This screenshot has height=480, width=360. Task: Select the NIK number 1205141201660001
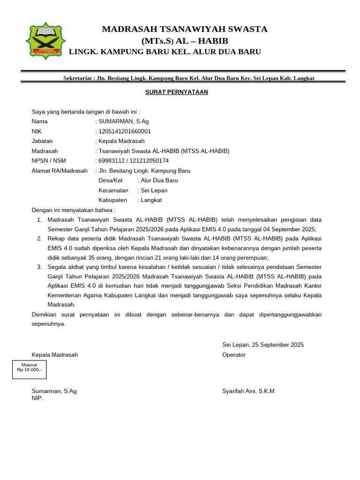pyautogui.click(x=124, y=131)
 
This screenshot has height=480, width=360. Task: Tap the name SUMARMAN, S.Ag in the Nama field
pyautogui.click(x=122, y=121)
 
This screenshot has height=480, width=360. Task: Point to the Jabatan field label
pyautogui.click(x=42, y=141)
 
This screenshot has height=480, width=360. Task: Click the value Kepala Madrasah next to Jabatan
pyautogui.click(x=121, y=141)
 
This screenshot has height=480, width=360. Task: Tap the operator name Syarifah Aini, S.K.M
pyautogui.click(x=248, y=391)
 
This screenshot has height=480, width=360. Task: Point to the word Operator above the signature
pyautogui.click(x=233, y=355)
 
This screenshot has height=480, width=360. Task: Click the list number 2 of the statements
pyautogui.click(x=39, y=239)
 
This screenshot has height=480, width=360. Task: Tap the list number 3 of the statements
pyautogui.click(x=39, y=267)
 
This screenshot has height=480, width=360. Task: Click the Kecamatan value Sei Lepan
pyautogui.click(x=154, y=190)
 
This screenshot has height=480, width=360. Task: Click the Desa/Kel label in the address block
pyautogui.click(x=110, y=180)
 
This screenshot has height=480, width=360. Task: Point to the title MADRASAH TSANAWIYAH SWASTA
pyautogui.click(x=185, y=30)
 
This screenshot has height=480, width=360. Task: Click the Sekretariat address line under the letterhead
pyautogui.click(x=189, y=78)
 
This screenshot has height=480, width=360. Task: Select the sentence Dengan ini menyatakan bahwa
pyautogui.click(x=73, y=210)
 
